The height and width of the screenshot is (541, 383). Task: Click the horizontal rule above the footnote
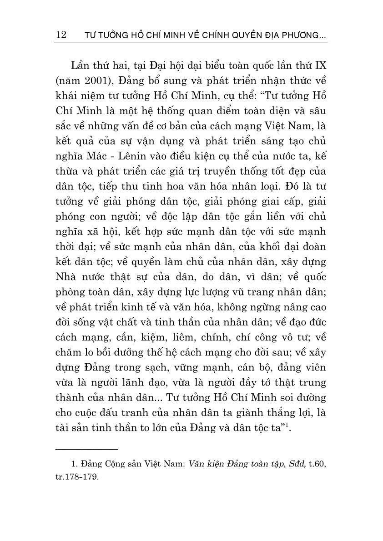(x=86, y=449)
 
